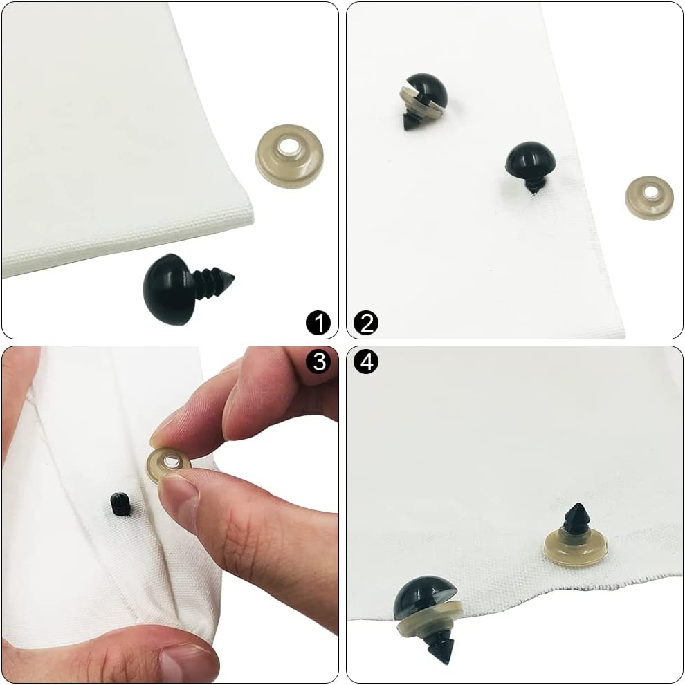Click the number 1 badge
[x=318, y=322]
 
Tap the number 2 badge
[x=366, y=322]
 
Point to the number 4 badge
[x=366, y=362]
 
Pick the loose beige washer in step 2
[x=649, y=198]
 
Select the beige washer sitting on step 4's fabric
[x=575, y=550]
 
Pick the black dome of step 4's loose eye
[x=423, y=598]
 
